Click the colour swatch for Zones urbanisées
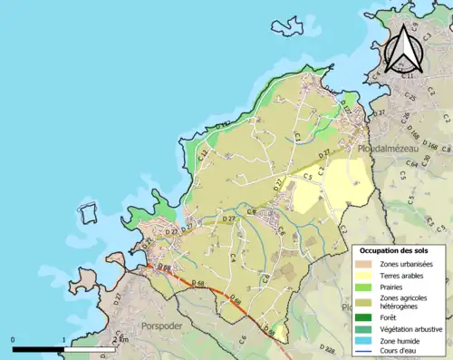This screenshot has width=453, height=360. coord(367,263)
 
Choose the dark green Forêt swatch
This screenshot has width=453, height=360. coord(367,317)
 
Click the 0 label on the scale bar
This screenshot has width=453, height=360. coord(13,340)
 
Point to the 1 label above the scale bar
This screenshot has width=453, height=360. coord(63,340)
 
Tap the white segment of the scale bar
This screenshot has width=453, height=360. coord(89,348)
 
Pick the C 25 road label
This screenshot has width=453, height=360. coord(410,95)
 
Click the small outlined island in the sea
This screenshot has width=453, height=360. coord(89,215)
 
